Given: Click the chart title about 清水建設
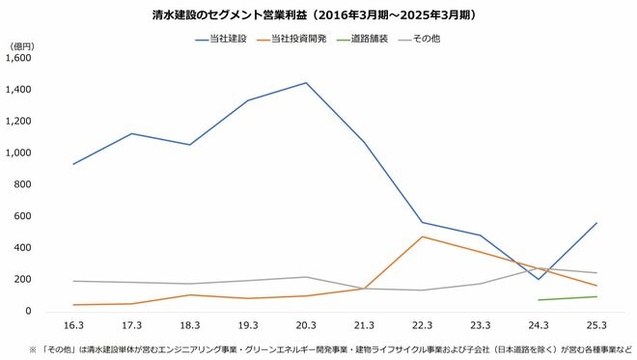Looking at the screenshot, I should [x=318, y=16].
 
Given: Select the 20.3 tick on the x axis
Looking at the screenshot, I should [x=306, y=326].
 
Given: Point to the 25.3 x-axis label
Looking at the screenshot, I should [x=597, y=326].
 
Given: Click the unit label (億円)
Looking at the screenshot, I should [x=21, y=44].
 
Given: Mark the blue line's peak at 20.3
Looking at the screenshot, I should [x=306, y=83].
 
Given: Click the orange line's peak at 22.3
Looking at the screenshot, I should [x=423, y=236].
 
